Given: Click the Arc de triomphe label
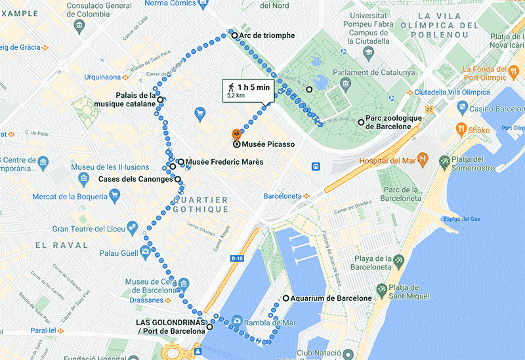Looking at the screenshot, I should pyautogui.click(x=267, y=35).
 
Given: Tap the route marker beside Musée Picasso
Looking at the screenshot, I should pyautogui.click(x=236, y=144).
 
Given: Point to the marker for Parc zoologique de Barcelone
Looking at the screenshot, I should pyautogui.click(x=361, y=122).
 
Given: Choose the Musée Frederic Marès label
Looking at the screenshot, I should pyautogui.click(x=224, y=162).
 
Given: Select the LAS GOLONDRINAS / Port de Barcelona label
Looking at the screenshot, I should pyautogui.click(x=170, y=327).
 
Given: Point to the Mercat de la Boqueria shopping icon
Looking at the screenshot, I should pyautogui.click(x=115, y=193).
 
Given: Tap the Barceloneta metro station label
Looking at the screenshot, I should pyautogui.click(x=286, y=195).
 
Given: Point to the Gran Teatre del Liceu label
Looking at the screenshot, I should pyautogui.click(x=89, y=229).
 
